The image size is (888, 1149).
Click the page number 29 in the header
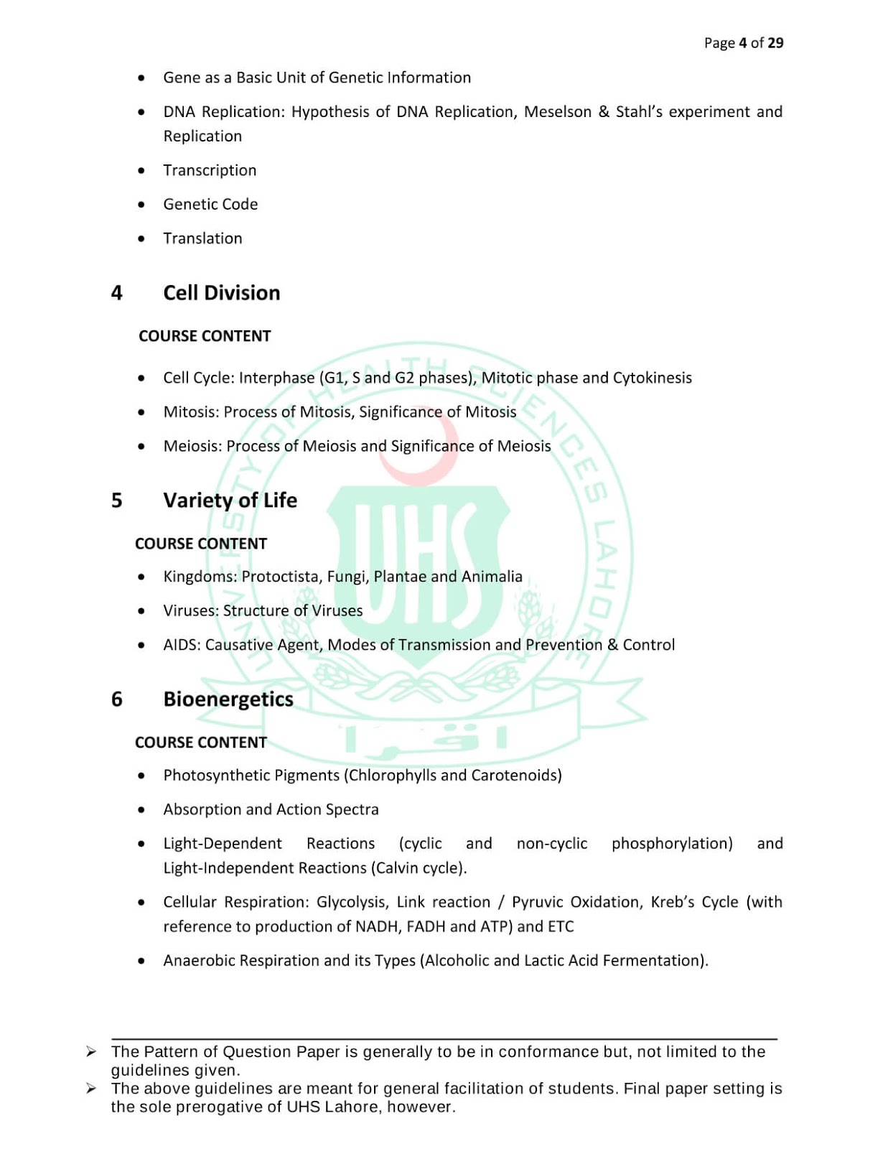(775, 43)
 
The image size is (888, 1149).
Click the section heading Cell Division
(221, 293)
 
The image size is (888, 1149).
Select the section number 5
(117, 501)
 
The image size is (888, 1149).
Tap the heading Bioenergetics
(228, 699)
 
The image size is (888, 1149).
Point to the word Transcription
(210, 170)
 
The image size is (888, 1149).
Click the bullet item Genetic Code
(210, 205)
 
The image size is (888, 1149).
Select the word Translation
(202, 238)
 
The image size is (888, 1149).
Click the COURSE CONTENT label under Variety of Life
(201, 544)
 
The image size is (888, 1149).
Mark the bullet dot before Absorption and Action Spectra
(141, 810)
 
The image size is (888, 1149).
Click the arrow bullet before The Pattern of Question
(91, 1052)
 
